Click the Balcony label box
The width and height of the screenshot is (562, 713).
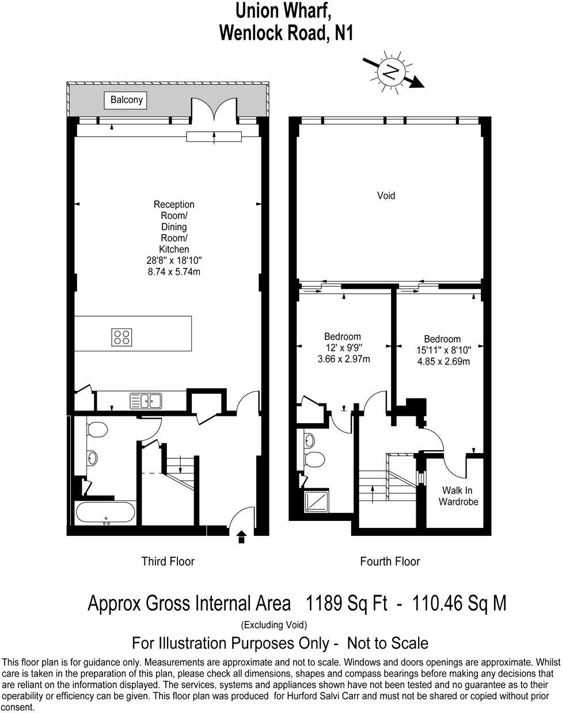click(x=128, y=100)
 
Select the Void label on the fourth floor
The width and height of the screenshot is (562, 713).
click(x=386, y=196)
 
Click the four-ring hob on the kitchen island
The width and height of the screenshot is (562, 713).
click(x=121, y=337)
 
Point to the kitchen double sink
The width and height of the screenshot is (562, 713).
click(x=146, y=400)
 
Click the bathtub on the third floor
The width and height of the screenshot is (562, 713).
click(x=105, y=513)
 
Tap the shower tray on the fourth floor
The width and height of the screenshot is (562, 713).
click(x=317, y=501)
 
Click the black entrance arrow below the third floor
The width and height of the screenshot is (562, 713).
click(x=241, y=536)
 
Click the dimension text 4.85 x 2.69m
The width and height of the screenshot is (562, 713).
click(x=443, y=362)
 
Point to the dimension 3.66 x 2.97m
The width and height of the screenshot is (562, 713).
click(x=343, y=359)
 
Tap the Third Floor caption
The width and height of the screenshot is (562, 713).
click(x=168, y=561)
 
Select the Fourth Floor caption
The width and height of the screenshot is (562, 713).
click(x=390, y=561)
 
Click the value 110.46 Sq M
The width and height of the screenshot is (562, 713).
click(x=457, y=603)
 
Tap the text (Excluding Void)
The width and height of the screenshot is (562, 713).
click(x=274, y=624)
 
